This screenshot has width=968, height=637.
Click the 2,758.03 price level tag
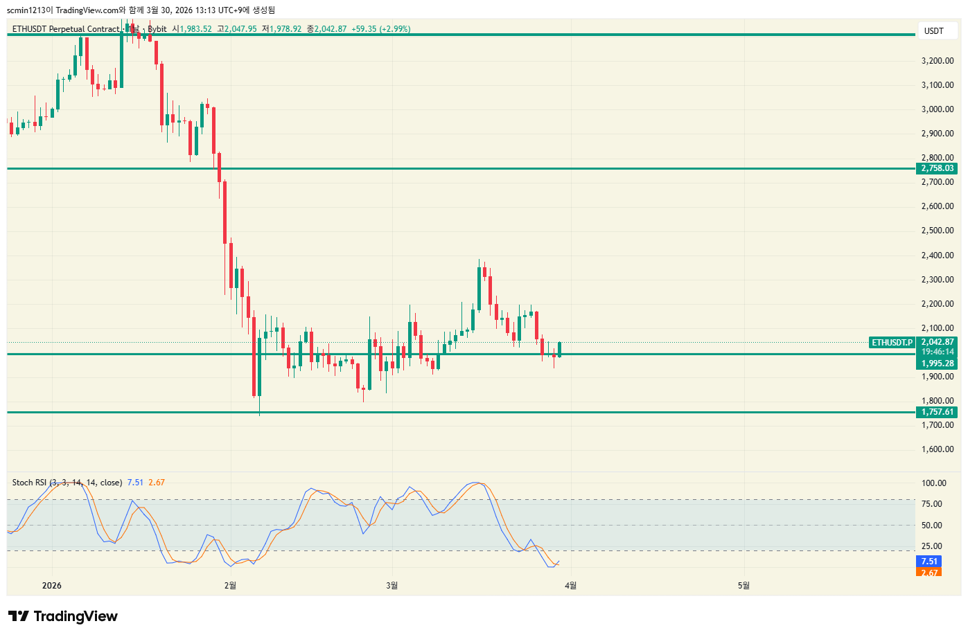pyautogui.click(x=937, y=168)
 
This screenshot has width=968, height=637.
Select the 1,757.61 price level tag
pyautogui.click(x=937, y=412)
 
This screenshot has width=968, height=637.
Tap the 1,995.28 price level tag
pyautogui.click(x=938, y=364)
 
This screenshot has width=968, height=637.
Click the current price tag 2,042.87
pyautogui.click(x=938, y=342)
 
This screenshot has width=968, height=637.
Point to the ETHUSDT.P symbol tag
pyautogui.click(x=892, y=343)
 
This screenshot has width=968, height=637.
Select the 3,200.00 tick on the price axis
pyautogui.click(x=937, y=61)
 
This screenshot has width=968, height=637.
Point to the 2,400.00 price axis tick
pyautogui.click(x=937, y=255)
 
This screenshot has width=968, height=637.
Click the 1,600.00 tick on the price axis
pyautogui.click(x=937, y=449)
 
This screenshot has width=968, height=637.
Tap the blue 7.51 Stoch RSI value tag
pyautogui.click(x=929, y=562)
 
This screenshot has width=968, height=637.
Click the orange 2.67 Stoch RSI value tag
pyautogui.click(x=929, y=573)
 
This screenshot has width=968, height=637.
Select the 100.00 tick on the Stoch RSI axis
pyautogui.click(x=933, y=483)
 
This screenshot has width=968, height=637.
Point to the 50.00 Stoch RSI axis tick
pyautogui.click(x=931, y=526)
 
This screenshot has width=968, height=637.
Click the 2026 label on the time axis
pyautogui.click(x=51, y=586)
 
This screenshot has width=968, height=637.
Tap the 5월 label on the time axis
pyautogui.click(x=743, y=586)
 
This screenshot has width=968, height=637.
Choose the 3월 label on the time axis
pyautogui.click(x=391, y=586)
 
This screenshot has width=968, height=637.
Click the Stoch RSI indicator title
pyautogui.click(x=67, y=483)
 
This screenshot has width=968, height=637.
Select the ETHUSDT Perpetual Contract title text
pyautogui.click(x=66, y=29)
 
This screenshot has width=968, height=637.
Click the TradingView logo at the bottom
pyautogui.click(x=63, y=616)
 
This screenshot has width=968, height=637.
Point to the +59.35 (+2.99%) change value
pyautogui.click(x=380, y=29)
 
